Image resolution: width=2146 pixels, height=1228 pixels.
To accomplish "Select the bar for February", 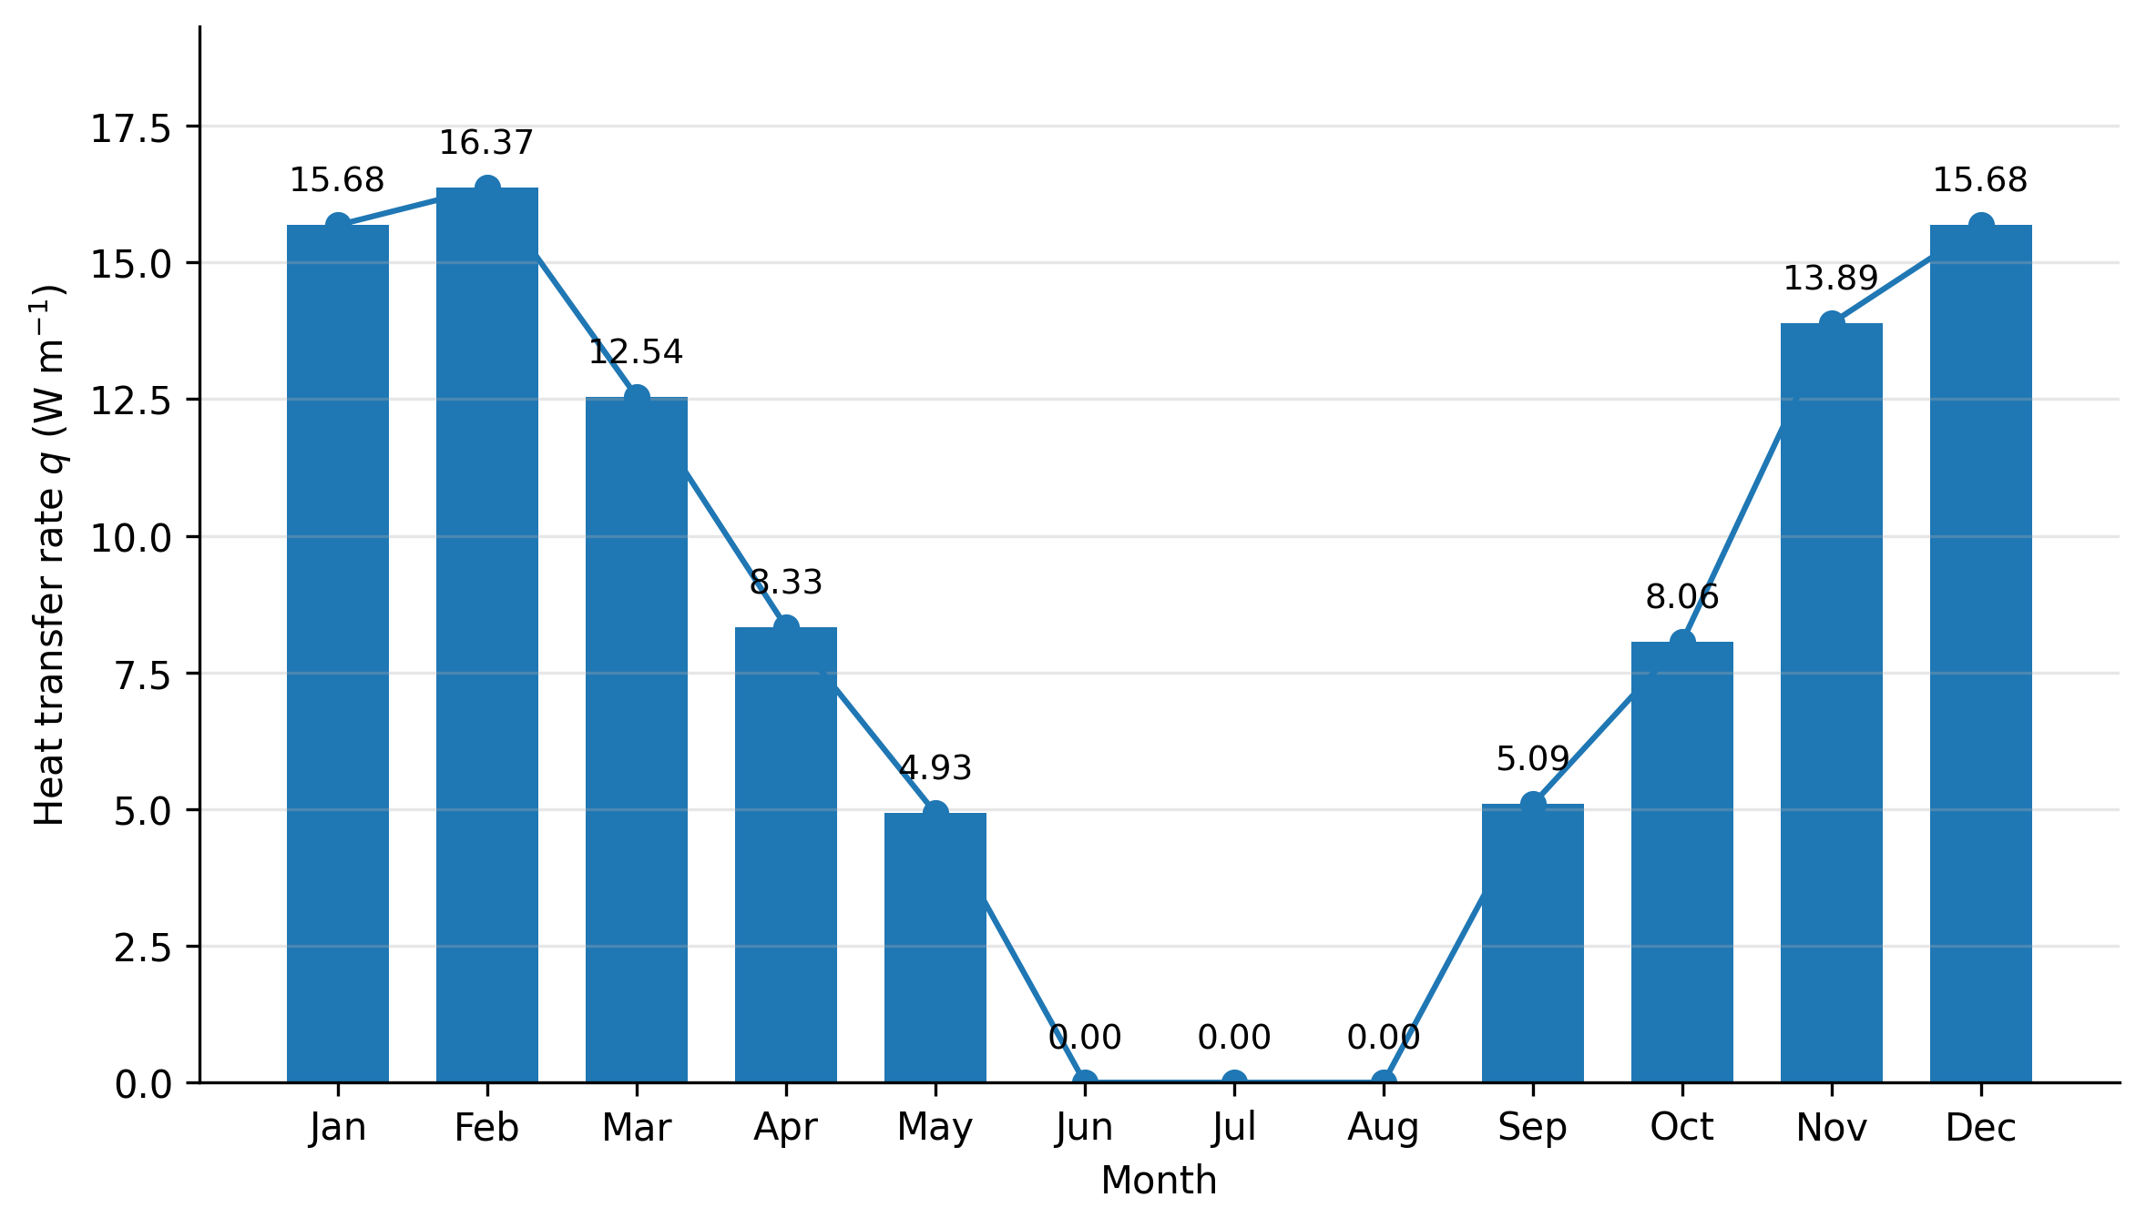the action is point(487,634).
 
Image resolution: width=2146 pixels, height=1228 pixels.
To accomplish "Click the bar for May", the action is point(935,948).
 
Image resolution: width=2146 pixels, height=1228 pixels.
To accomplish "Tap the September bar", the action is point(1533,943).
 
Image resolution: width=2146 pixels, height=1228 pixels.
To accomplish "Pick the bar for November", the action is point(1832,703).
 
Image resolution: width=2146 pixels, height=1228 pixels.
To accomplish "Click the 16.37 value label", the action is point(486,143).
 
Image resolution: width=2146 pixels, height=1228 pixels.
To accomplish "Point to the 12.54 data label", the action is point(636,352).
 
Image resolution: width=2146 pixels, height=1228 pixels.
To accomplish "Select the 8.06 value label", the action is point(1682,597).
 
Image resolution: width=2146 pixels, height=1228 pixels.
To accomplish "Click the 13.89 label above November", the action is point(1831,279).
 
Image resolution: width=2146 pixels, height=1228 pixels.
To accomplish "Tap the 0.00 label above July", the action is point(1234,1038).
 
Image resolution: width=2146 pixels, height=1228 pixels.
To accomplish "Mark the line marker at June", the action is point(1085,1082).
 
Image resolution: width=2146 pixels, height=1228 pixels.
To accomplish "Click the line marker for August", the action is point(1384,1082).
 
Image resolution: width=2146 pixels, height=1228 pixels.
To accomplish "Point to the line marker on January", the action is point(338,226).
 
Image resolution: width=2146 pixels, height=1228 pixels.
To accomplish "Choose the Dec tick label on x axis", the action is point(1981,1129).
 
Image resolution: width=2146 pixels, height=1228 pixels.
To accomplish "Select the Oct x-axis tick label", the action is point(1682,1129).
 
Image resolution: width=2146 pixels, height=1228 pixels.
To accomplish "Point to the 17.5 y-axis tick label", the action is point(131,129).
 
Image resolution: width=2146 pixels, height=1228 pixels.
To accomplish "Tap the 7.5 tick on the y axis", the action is point(143,676).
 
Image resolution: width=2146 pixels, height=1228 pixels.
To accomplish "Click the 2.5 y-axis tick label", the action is point(143,949).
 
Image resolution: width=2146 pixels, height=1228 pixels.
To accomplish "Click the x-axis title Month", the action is point(1159,1182).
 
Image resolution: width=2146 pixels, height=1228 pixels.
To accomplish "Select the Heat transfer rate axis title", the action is point(49,555).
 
